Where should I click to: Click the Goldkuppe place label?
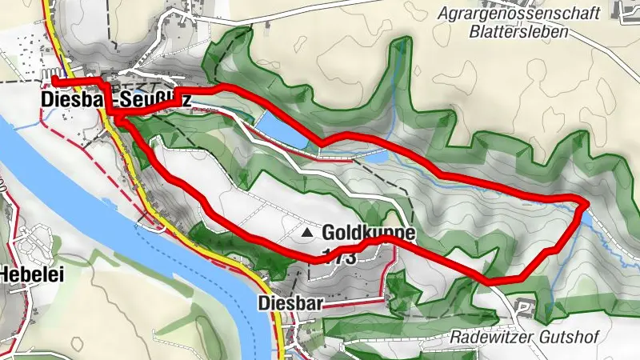point(370,233)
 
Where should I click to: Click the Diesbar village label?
point(290,303)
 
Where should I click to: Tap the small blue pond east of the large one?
point(375,151)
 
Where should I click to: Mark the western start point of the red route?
point(55,81)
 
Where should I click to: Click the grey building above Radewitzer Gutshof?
point(524,305)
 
